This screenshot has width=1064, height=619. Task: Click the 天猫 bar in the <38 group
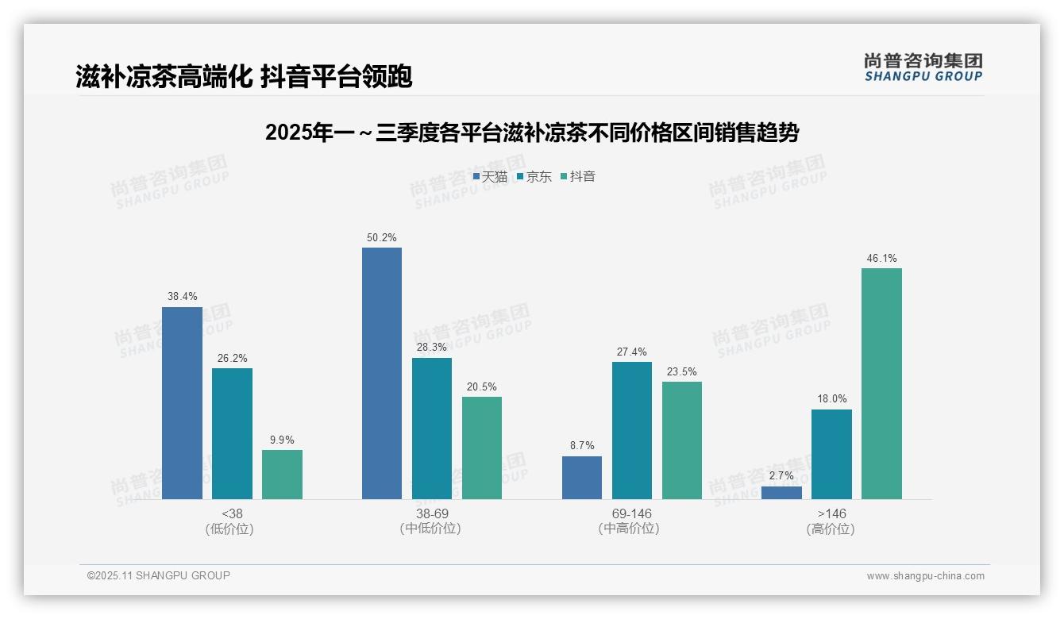pyautogui.click(x=182, y=403)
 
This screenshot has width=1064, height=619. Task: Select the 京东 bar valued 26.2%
pyautogui.click(x=232, y=433)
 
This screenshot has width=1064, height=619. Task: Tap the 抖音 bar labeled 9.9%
pyautogui.click(x=282, y=475)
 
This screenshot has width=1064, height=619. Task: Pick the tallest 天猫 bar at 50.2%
pyautogui.click(x=382, y=373)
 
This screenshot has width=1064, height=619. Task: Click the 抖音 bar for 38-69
pyautogui.click(x=482, y=448)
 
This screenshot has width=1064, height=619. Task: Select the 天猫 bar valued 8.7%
pyautogui.click(x=582, y=478)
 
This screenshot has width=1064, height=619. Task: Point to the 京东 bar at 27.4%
pyautogui.click(x=632, y=430)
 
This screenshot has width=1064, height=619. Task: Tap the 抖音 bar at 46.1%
pyautogui.click(x=881, y=383)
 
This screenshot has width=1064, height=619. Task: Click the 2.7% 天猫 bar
pyautogui.click(x=781, y=493)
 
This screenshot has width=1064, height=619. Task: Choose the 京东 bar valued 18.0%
pyautogui.click(x=831, y=454)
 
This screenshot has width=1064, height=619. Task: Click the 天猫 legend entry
pyautogui.click(x=490, y=177)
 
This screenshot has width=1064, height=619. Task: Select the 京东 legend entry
pyautogui.click(x=534, y=177)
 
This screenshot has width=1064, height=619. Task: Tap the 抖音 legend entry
pyautogui.click(x=577, y=177)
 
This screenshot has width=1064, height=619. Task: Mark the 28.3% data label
pyautogui.click(x=431, y=348)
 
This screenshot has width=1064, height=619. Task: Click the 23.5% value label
pyautogui.click(x=681, y=371)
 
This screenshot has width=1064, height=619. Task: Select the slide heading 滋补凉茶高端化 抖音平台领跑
pyautogui.click(x=244, y=77)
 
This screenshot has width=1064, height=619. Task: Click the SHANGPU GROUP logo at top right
pyautogui.click(x=923, y=67)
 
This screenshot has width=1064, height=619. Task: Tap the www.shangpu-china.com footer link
pyautogui.click(x=925, y=576)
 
